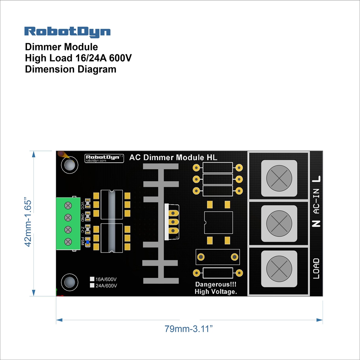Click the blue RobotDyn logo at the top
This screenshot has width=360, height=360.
pos(67,31)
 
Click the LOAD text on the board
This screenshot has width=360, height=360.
pos(316,268)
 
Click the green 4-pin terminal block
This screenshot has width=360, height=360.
pos(67,223)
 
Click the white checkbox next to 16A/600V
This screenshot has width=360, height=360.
pos(92,279)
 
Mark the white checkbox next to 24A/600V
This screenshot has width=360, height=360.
pos(92,285)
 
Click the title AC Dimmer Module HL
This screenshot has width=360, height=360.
pos(173,157)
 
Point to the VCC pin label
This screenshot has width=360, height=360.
pos(82,205)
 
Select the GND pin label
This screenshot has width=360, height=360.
pos(82,217)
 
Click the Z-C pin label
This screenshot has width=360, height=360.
pos(82,229)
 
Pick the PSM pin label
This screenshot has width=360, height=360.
pos(82,241)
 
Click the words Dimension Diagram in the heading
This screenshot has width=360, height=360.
pos(71,69)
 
